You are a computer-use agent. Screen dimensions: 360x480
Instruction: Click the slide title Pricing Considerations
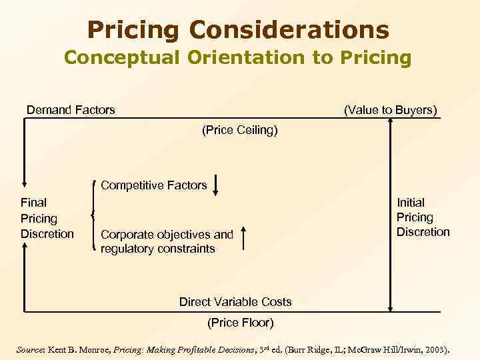pyautogui.click(x=238, y=29)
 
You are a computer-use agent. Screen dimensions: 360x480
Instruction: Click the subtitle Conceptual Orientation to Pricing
pyautogui.click(x=238, y=58)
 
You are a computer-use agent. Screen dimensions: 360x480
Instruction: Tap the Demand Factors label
pyautogui.click(x=71, y=109)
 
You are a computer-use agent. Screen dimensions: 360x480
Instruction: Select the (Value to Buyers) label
pyautogui.click(x=390, y=109)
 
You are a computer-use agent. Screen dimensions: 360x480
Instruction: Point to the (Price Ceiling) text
pyautogui.click(x=239, y=131)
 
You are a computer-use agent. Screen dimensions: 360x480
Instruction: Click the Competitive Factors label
pyautogui.click(x=153, y=185)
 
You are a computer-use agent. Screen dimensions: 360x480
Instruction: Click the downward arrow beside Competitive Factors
pyautogui.click(x=216, y=185)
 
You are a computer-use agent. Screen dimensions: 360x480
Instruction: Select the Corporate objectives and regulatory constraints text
pyautogui.click(x=167, y=241)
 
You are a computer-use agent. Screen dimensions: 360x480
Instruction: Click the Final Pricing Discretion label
pyautogui.click(x=47, y=218)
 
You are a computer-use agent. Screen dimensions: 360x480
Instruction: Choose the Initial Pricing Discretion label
pyautogui.click(x=423, y=217)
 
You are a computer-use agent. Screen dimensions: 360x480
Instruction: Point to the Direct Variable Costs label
pyautogui.click(x=235, y=302)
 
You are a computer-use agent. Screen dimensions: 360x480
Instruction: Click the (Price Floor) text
pyautogui.click(x=239, y=323)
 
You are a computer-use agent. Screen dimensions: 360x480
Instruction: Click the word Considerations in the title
pyautogui.click(x=289, y=29)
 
